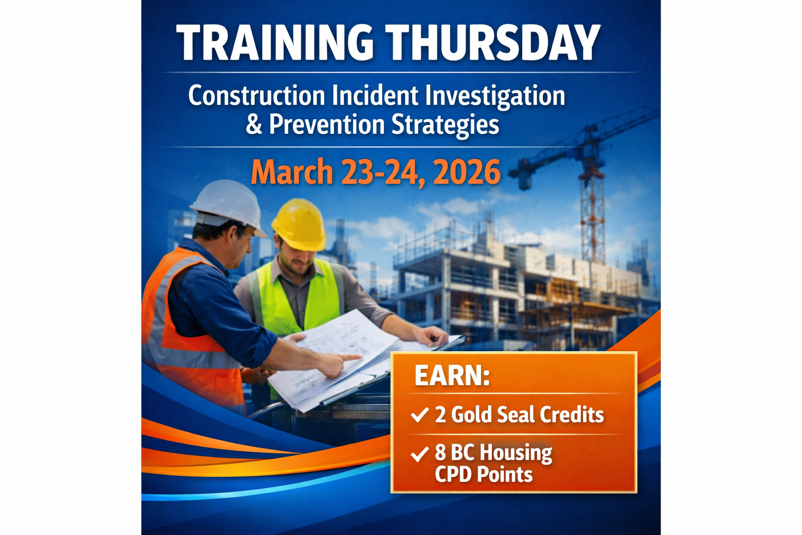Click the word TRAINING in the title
pos(275,43)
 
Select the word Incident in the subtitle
pos(375,96)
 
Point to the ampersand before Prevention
pos(254,125)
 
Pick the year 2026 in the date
pos(466,172)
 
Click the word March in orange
pos(292,172)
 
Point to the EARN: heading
pos(452,376)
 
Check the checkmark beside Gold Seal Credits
pos(419,415)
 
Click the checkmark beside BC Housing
pos(419,454)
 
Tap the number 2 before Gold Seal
pos(440,415)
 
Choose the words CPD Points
pos(483,475)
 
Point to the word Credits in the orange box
pos(572,415)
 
